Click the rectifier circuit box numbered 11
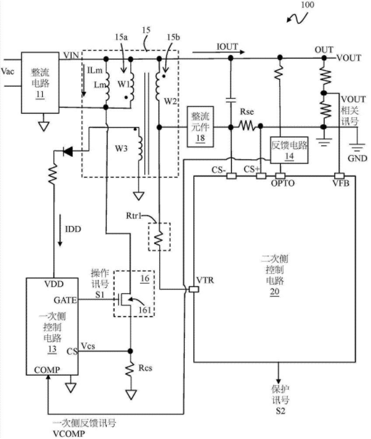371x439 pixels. [x=40, y=83]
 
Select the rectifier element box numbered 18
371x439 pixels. [x=200, y=126]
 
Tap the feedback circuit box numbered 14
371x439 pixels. [x=289, y=150]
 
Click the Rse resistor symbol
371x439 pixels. [x=247, y=126]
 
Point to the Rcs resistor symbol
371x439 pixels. [x=130, y=369]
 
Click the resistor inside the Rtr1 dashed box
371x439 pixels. [x=159, y=238]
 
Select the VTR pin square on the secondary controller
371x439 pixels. [x=194, y=289]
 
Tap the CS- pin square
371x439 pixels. [x=231, y=176]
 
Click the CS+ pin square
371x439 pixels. [x=261, y=176]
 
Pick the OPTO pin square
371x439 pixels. [x=280, y=176]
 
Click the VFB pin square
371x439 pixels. [x=339, y=176]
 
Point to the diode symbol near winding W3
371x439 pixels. [x=68, y=152]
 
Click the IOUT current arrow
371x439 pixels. [x=219, y=52]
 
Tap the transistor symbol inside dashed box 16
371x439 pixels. [x=125, y=300]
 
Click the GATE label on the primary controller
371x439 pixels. [x=65, y=300]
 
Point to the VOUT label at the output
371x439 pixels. [x=348, y=58]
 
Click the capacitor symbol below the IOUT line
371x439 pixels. [x=230, y=100]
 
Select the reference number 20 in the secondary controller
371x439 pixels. [x=275, y=292]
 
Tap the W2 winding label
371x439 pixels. [x=170, y=101]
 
